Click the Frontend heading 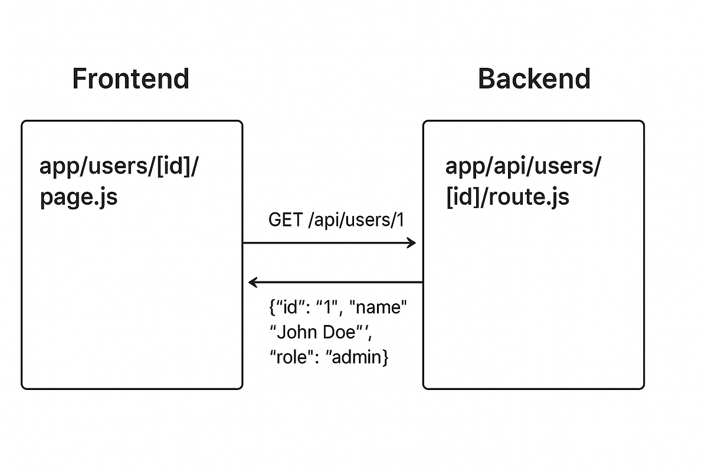click(x=130, y=78)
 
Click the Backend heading click(x=534, y=78)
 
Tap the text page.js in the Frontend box click(x=78, y=196)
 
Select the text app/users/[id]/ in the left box click(x=120, y=167)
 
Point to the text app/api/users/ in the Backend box click(x=523, y=167)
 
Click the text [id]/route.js click(x=507, y=196)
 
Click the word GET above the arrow click(x=286, y=220)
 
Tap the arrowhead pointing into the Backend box click(x=412, y=242)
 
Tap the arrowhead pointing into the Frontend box click(x=253, y=283)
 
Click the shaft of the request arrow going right click(x=324, y=242)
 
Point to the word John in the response click(x=299, y=332)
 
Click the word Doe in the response click(x=342, y=332)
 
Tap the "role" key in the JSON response click(x=290, y=357)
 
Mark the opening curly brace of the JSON click(x=271, y=309)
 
